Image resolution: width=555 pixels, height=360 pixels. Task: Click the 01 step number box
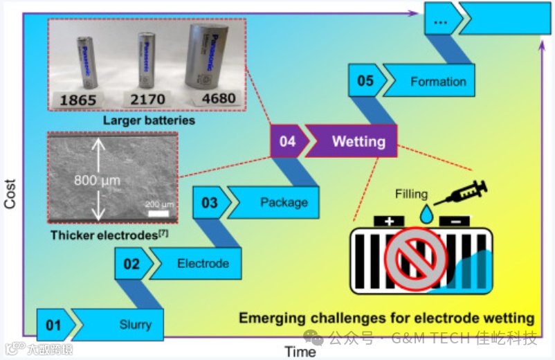click(53, 325)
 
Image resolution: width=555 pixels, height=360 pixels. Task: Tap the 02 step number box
click(131, 264)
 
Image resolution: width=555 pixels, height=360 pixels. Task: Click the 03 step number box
click(210, 203)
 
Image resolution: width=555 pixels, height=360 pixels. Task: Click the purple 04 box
click(287, 141)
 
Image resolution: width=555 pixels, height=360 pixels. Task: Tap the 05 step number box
click(365, 81)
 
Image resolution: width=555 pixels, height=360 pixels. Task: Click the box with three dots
click(440, 21)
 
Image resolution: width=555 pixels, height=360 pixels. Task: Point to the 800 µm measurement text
click(97, 181)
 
